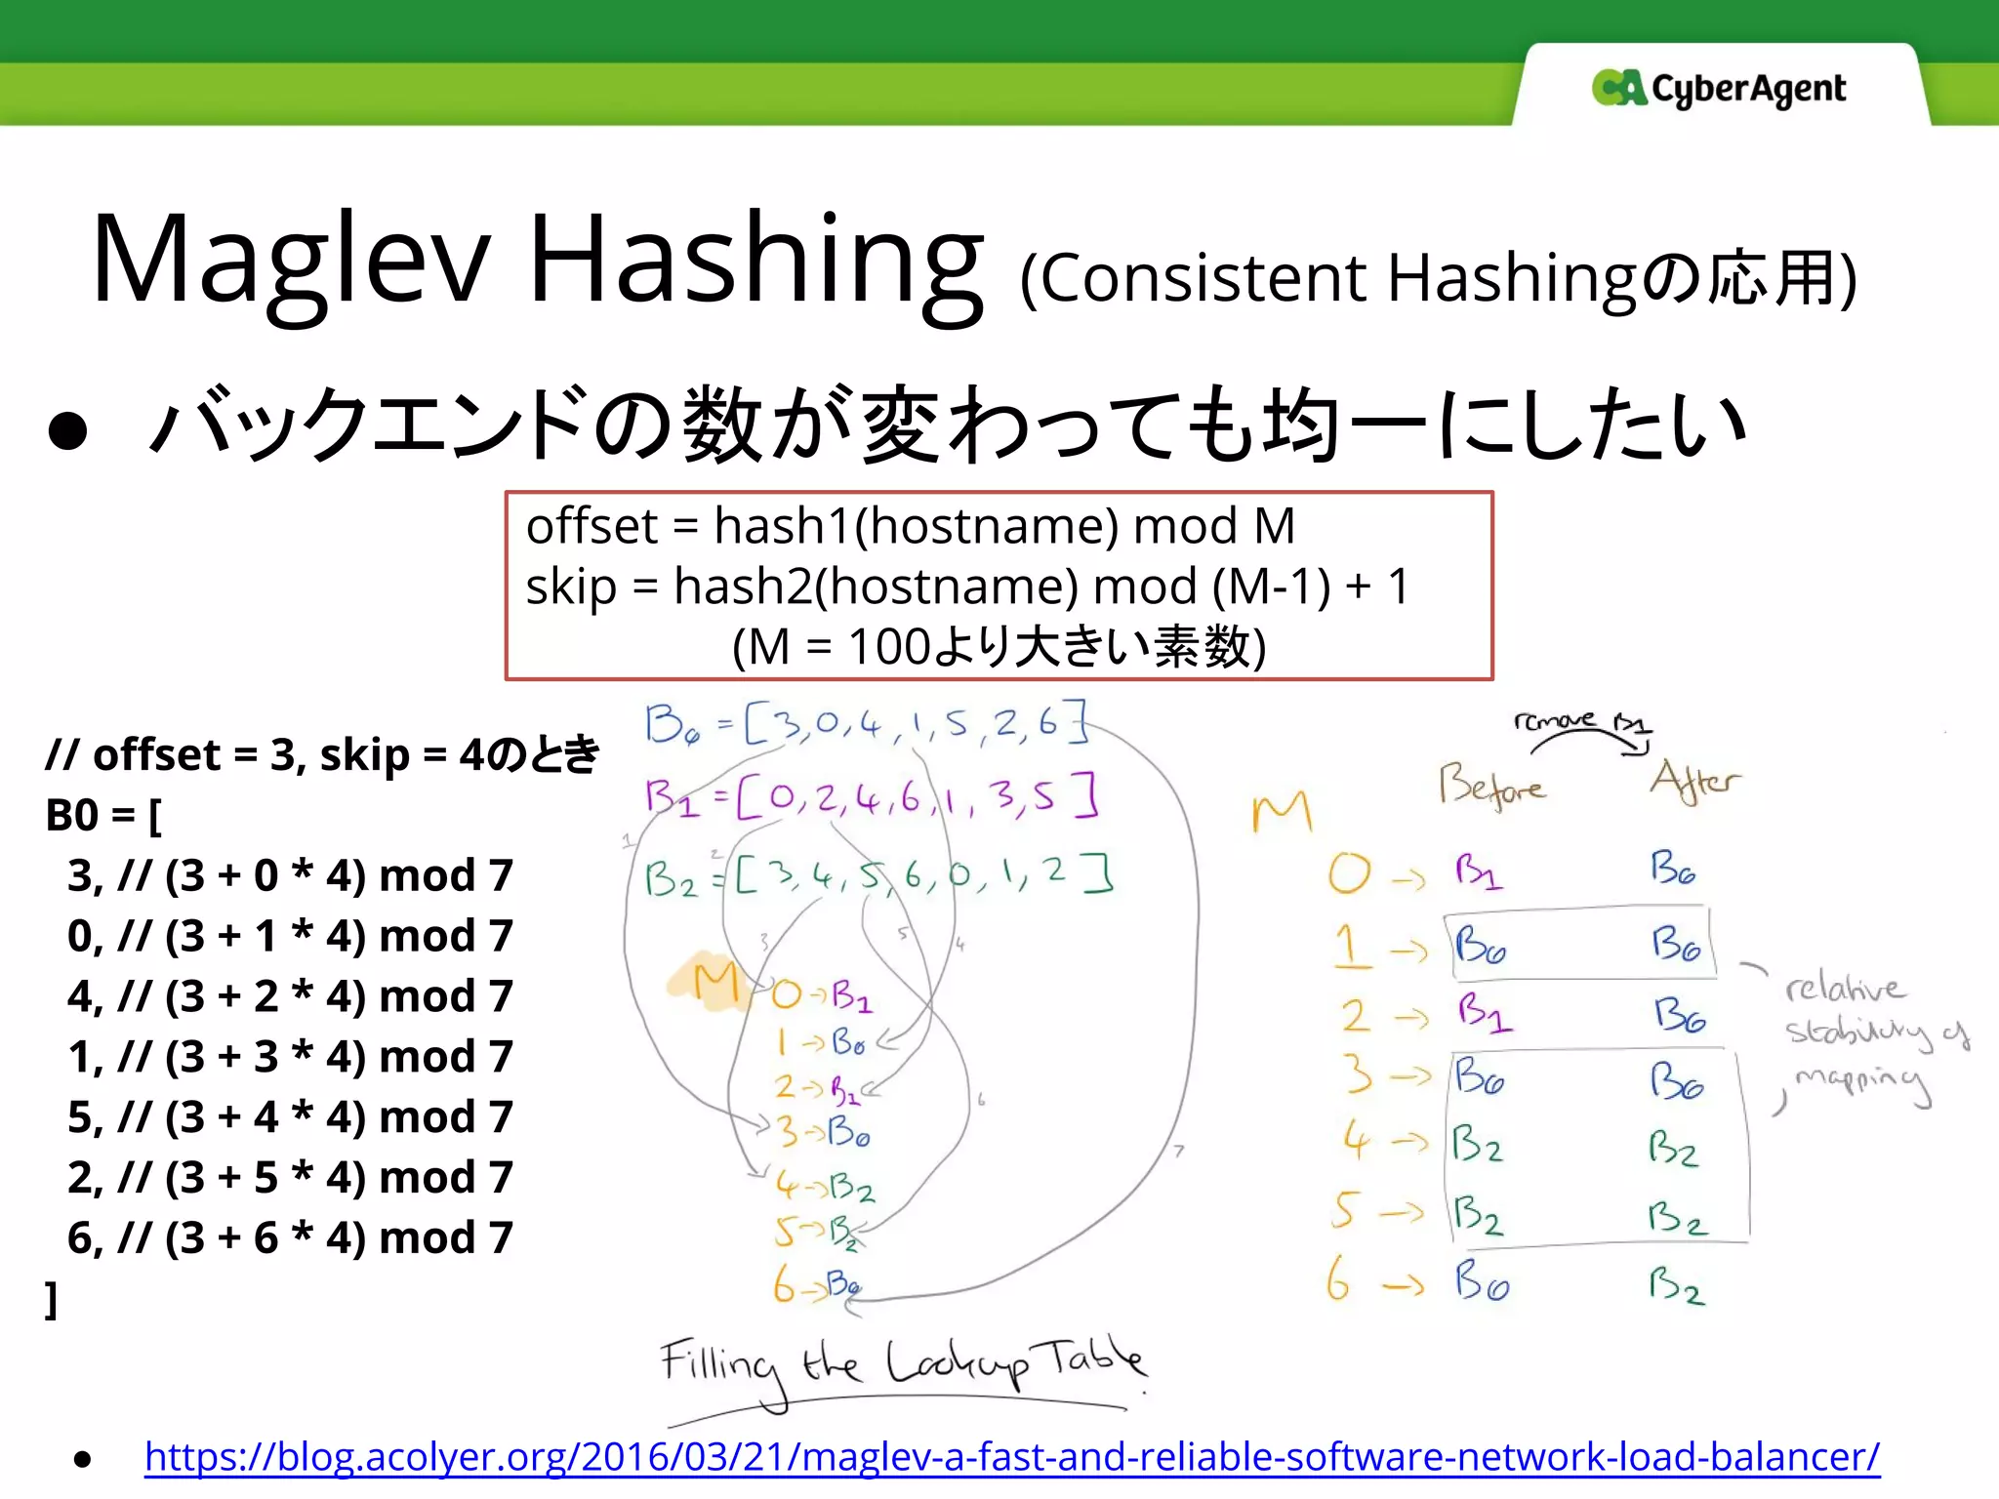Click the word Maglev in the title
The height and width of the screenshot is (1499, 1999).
[290, 260]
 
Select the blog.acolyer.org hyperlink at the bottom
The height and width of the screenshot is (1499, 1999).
[1011, 1456]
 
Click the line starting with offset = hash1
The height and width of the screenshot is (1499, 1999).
[910, 526]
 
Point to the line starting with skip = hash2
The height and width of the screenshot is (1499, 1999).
[966, 587]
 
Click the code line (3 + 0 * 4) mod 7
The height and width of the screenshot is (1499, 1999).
[290, 875]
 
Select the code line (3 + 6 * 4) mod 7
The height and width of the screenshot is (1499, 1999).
[290, 1237]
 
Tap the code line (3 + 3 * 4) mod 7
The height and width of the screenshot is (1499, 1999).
[290, 1057]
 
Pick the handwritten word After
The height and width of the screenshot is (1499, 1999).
[1694, 781]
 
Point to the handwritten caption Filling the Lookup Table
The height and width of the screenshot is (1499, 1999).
[902, 1364]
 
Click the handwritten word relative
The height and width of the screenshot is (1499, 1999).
[1843, 988]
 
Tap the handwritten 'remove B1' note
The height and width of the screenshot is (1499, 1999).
[1581, 723]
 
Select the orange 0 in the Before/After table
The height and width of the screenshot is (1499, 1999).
[1349, 873]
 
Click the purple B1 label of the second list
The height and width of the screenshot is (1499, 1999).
[672, 798]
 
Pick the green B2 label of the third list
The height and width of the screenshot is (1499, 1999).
[671, 879]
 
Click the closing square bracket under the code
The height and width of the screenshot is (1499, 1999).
[52, 1300]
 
